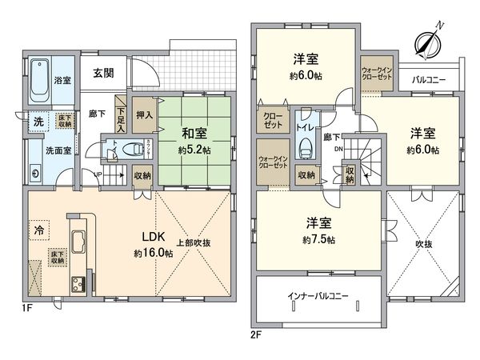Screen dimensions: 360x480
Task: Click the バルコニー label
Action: pyautogui.click(x=429, y=80)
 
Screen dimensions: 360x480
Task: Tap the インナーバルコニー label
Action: pyautogui.click(x=318, y=296)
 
